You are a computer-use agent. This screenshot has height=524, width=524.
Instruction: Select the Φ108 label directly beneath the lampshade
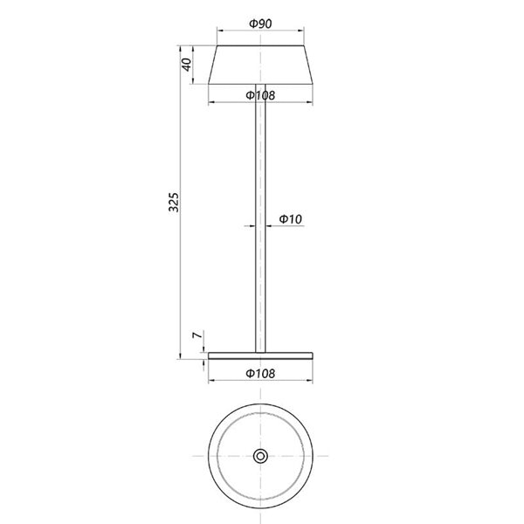tap(260, 94)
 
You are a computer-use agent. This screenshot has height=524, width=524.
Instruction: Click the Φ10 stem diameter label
tap(291, 217)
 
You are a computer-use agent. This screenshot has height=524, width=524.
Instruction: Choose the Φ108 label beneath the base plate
tap(260, 373)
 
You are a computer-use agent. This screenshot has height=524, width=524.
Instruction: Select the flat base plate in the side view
tap(260, 356)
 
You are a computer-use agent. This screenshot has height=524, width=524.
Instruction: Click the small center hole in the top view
tap(260, 456)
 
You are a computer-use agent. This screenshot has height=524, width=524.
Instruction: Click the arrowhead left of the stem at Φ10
tap(252, 225)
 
